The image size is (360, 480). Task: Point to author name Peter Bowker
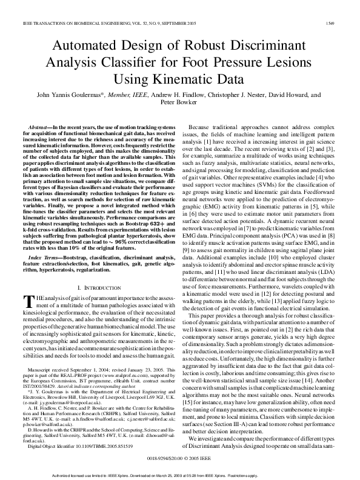point(180,103)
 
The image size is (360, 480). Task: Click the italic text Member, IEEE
point(127,95)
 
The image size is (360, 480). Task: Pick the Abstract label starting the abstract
point(38,121)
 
